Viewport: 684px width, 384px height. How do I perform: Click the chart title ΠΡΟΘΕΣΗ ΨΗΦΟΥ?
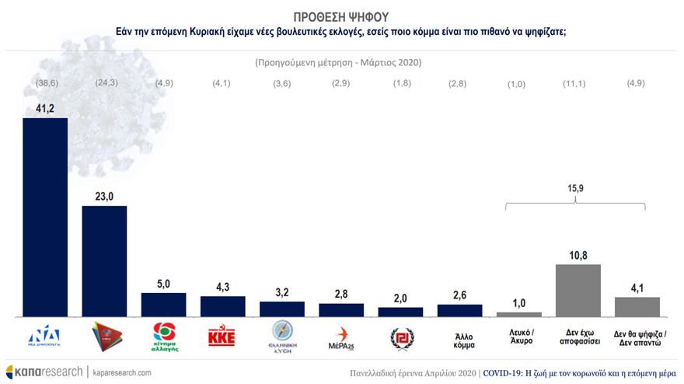click(x=342, y=16)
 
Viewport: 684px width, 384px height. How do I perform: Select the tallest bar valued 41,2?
click(x=45, y=217)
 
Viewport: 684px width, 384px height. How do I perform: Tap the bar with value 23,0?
click(x=104, y=260)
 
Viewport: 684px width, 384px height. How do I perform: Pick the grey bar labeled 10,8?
click(x=578, y=290)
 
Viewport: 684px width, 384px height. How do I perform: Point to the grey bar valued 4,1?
click(x=637, y=306)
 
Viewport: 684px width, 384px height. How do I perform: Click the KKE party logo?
click(x=222, y=338)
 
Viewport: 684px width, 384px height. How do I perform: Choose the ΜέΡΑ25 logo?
click(x=340, y=339)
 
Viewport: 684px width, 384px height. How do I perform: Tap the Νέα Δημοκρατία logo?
click(x=45, y=338)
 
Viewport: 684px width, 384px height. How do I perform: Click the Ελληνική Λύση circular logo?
click(x=281, y=338)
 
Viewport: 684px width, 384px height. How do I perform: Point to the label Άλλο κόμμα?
click(x=459, y=339)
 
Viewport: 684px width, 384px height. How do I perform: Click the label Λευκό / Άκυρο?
click(x=518, y=339)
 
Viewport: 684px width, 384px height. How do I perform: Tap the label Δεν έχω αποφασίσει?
click(x=578, y=339)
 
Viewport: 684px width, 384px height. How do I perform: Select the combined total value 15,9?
click(x=576, y=187)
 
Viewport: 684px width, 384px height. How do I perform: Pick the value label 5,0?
click(x=163, y=285)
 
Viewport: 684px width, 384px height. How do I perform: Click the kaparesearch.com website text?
click(x=123, y=372)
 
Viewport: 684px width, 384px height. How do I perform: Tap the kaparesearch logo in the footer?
click(x=44, y=372)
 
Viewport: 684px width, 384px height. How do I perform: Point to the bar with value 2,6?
click(x=459, y=310)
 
